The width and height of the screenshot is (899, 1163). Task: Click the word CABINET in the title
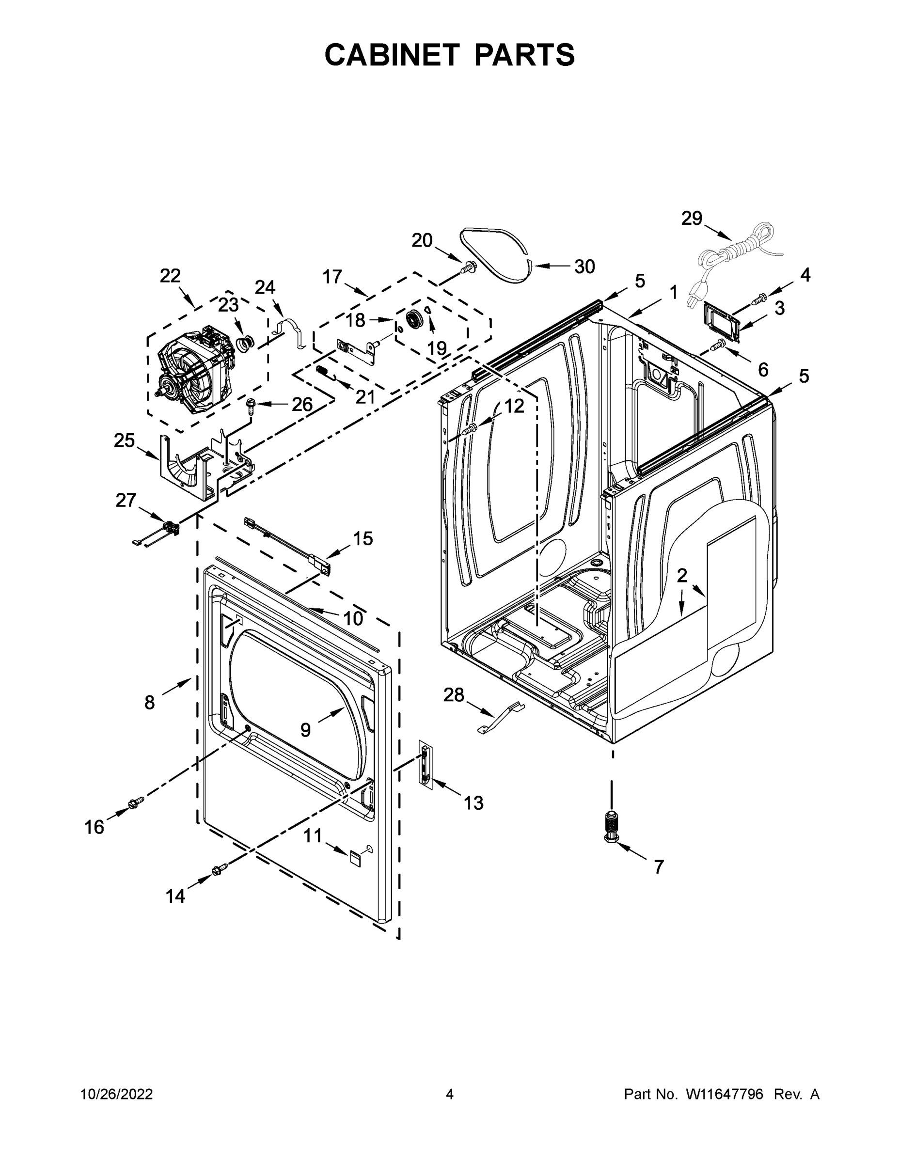[392, 54]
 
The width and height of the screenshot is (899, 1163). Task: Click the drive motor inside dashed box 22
[194, 362]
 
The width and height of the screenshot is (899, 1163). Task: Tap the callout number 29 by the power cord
[692, 219]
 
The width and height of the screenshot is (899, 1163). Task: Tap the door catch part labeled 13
[425, 765]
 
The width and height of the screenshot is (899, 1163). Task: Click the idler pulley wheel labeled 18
[414, 321]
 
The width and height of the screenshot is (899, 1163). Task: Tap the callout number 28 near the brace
[454, 694]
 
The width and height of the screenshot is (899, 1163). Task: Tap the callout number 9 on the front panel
[305, 729]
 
